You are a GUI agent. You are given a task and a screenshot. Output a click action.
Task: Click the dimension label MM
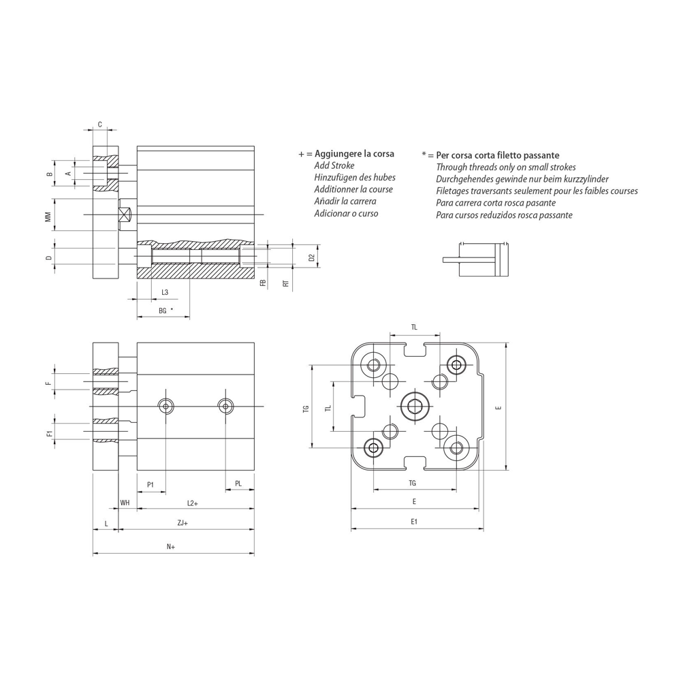(49, 217)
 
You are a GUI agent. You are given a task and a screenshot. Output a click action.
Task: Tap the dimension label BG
(163, 311)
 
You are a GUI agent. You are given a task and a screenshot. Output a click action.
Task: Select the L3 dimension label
(165, 292)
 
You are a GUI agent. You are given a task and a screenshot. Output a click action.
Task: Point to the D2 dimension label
(311, 257)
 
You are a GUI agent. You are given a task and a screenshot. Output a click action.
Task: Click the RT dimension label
(286, 283)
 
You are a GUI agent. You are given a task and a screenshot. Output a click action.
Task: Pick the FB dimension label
(263, 283)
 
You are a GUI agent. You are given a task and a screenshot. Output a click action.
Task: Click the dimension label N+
(171, 547)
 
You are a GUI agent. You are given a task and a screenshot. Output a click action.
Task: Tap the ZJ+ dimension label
(183, 523)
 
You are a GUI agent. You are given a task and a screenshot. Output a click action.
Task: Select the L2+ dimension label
(193, 503)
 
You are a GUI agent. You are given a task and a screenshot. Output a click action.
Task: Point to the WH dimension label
(125, 503)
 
